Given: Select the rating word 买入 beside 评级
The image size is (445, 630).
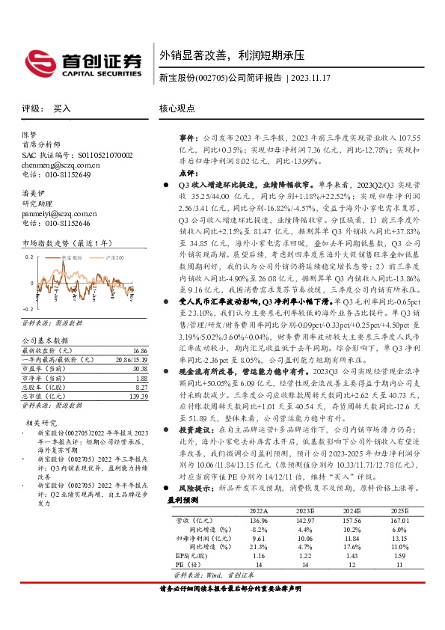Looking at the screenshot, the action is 62,109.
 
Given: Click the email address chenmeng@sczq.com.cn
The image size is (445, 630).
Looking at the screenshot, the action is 61,165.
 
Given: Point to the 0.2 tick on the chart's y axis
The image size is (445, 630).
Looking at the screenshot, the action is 29,257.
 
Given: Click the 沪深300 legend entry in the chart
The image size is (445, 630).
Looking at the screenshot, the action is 112,257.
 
